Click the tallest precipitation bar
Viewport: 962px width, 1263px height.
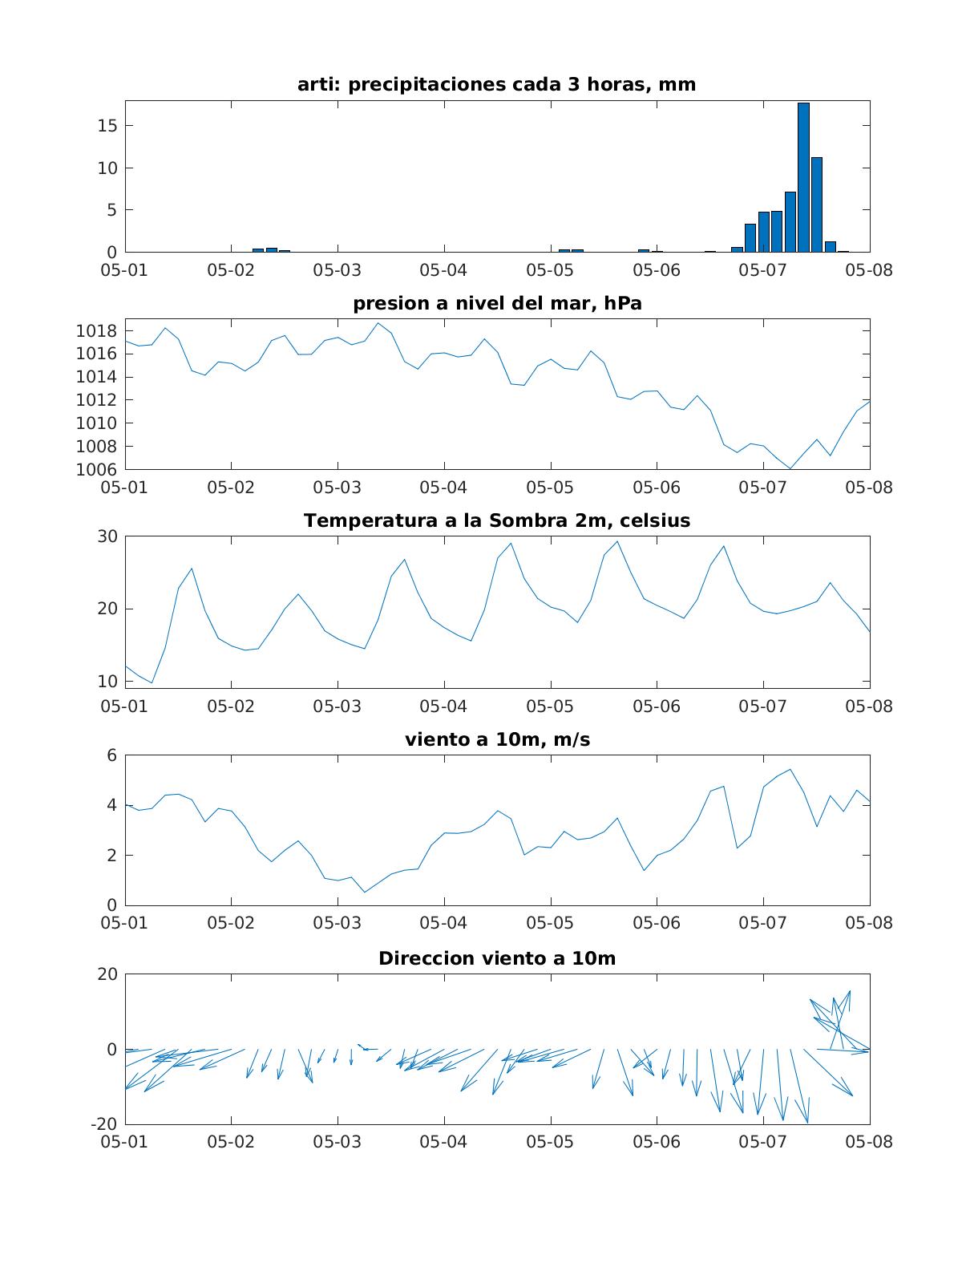pyautogui.click(x=803, y=177)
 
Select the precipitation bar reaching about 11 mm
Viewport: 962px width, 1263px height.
pyautogui.click(x=817, y=204)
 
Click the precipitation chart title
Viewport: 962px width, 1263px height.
pyautogui.click(x=497, y=84)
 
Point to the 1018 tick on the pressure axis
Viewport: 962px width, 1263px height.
pyautogui.click(x=96, y=331)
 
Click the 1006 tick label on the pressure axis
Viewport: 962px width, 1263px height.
pyautogui.click(x=96, y=470)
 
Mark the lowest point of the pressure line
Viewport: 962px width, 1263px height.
pyautogui.click(x=790, y=469)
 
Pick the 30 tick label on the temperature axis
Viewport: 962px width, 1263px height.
pyautogui.click(x=107, y=536)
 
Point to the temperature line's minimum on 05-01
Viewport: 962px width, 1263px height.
pyautogui.click(x=152, y=682)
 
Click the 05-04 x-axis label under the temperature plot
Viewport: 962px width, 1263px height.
pyautogui.click(x=443, y=706)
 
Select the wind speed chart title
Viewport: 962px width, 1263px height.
pyautogui.click(x=497, y=739)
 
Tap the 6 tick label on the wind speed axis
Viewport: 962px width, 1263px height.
pyautogui.click(x=111, y=755)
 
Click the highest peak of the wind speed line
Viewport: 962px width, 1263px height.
pyautogui.click(x=790, y=769)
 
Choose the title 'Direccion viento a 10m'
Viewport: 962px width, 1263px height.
pyautogui.click(x=497, y=958)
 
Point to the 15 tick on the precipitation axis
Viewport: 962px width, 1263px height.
pyautogui.click(x=107, y=125)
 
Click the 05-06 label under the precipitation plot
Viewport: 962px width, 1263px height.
pyautogui.click(x=657, y=270)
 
